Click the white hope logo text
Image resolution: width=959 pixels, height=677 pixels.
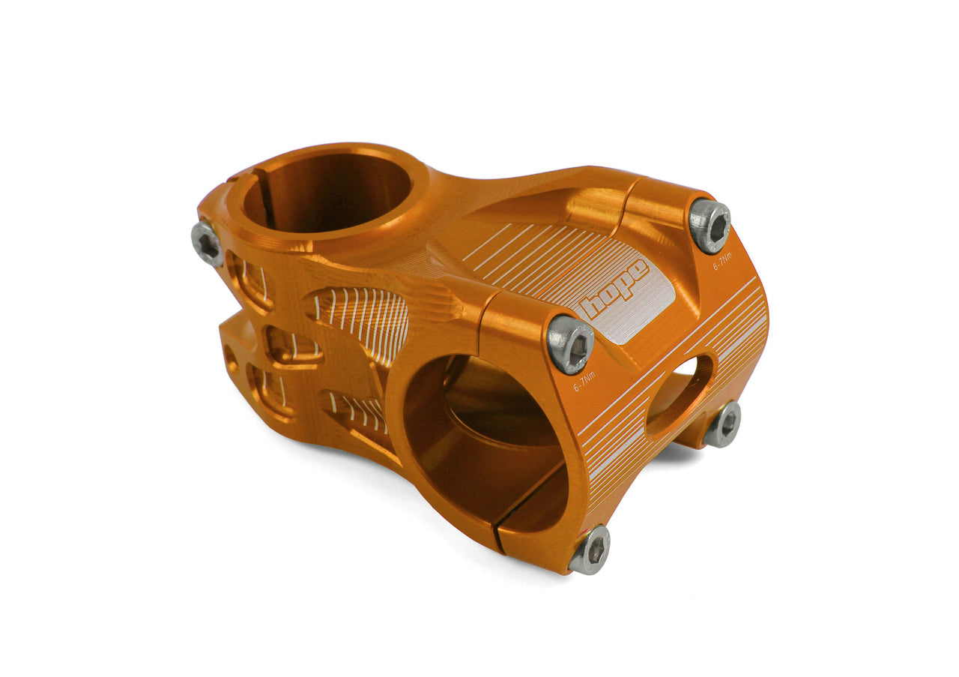614,287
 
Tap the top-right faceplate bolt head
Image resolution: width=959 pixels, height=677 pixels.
709,225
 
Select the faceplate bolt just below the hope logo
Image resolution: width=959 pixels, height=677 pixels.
570,343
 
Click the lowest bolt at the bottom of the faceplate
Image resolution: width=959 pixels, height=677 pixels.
590,549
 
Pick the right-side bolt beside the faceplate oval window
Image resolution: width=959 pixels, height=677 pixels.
724,424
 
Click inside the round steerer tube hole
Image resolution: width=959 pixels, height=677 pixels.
330,193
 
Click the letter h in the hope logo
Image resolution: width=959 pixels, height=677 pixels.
592,306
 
